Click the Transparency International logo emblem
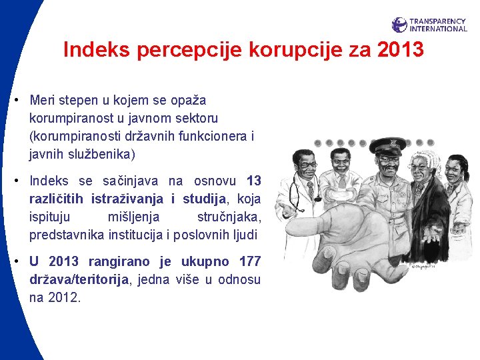(399, 25)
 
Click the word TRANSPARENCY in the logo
(438, 21)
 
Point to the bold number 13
(253, 181)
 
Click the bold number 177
(249, 261)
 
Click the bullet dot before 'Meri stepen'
(14, 101)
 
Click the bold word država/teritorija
(79, 280)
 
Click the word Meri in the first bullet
(43, 101)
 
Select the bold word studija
(205, 199)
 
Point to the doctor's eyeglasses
(307, 164)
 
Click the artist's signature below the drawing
(422, 266)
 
